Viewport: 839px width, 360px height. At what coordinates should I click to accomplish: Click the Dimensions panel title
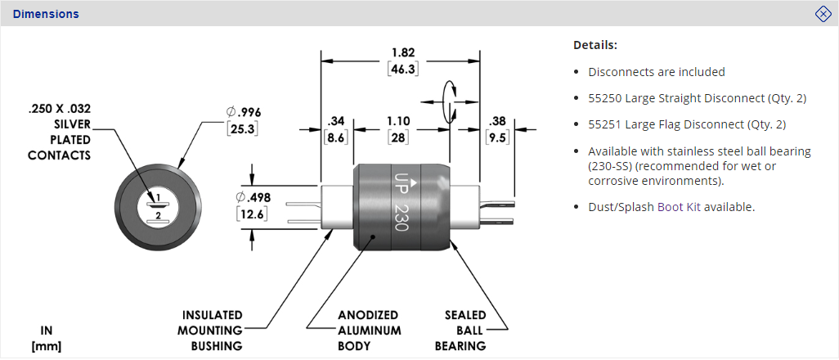tap(46, 14)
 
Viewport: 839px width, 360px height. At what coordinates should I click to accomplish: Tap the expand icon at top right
tap(823, 14)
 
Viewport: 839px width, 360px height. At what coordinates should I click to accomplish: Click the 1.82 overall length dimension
tap(402, 51)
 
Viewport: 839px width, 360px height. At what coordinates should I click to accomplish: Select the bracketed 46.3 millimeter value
tap(402, 70)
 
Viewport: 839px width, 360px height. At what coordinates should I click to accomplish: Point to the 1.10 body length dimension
tap(398, 120)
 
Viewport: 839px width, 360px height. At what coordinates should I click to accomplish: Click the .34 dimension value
tap(336, 120)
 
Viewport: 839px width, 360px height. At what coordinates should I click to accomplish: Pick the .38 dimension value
tap(496, 120)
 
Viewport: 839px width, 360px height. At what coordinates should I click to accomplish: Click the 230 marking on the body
tap(401, 217)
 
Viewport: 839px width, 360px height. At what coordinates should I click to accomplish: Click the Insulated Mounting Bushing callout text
tap(212, 330)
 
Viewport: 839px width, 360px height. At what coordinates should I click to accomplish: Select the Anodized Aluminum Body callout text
tap(368, 330)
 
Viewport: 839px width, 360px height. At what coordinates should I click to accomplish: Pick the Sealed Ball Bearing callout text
tap(465, 330)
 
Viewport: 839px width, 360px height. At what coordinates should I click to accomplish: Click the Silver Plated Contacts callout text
tap(60, 132)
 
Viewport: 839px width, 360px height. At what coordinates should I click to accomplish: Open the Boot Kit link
tap(679, 207)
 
